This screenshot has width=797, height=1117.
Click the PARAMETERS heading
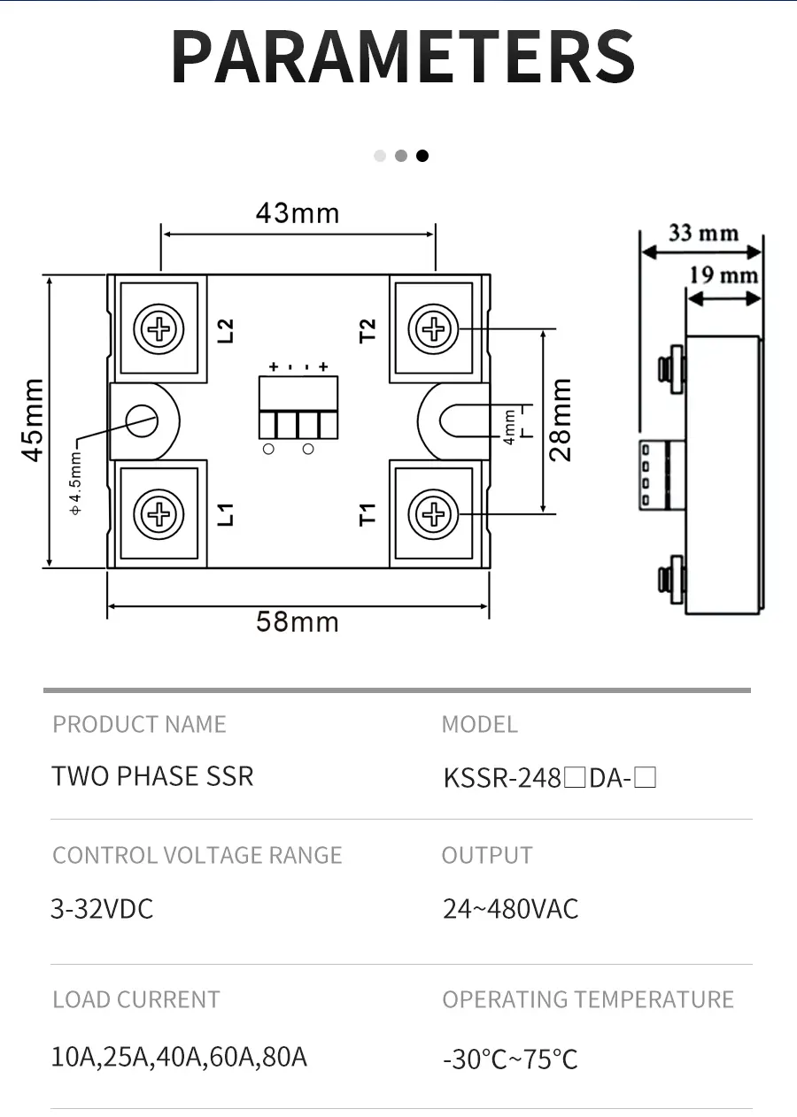pos(403,57)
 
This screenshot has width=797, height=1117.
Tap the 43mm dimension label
pos(298,213)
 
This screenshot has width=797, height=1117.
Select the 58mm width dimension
pos(298,621)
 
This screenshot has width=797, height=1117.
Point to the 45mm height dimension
pos(33,420)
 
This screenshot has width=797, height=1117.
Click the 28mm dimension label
pos(561,420)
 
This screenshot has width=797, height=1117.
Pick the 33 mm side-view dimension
pos(703,233)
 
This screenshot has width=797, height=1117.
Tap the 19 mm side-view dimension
pos(724,275)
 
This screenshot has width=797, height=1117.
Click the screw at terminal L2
pos(159,330)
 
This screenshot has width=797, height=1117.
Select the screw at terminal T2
pos(434,330)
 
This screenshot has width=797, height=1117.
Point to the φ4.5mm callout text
pos(75,482)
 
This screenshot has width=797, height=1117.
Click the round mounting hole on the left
pos(141,420)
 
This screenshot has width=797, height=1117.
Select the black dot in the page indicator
pos(422,156)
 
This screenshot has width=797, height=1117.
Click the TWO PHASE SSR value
pos(152,776)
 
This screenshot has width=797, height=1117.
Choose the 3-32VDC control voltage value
pos(102,909)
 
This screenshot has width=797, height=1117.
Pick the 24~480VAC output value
pos(510,909)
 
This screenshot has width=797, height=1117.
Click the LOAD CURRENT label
pos(135,1000)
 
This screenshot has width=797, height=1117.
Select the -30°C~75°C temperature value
pos(510,1059)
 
